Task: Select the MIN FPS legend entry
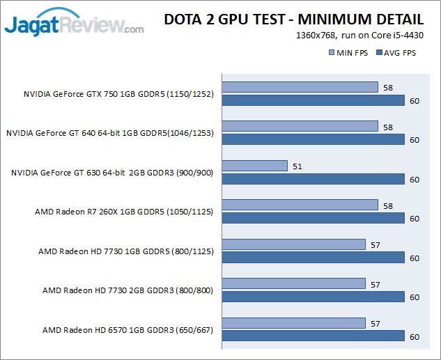click(348, 53)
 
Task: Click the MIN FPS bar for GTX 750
click(300, 87)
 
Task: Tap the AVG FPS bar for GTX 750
click(313, 100)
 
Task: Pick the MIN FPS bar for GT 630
click(254, 166)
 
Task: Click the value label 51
click(297, 166)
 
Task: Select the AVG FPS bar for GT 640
click(313, 139)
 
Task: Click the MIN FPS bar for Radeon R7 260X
click(300, 205)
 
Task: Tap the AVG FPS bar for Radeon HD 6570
click(313, 336)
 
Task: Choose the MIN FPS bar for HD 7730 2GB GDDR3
click(293, 283)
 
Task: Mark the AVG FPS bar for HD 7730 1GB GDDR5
click(313, 258)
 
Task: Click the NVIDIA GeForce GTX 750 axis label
click(118, 93)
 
